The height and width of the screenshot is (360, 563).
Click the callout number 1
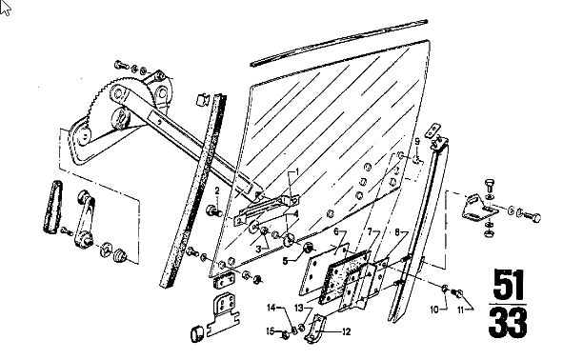point(296,172)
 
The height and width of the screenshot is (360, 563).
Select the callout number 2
point(217,190)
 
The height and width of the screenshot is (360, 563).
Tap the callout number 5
point(285,261)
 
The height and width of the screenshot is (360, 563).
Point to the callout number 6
point(336,231)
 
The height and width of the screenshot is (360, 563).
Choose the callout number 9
point(417,141)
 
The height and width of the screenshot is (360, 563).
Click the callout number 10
point(434,310)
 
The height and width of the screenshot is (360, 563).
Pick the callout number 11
point(461,310)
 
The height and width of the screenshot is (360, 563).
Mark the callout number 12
point(346,332)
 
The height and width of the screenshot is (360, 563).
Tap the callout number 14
point(271,308)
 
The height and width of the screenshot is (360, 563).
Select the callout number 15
point(271,330)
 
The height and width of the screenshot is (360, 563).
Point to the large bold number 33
point(508,323)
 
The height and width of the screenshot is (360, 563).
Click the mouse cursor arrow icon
point(5,8)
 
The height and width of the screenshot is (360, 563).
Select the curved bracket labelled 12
point(315,329)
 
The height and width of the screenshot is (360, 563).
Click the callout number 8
point(396,232)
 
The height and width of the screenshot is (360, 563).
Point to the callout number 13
point(299,308)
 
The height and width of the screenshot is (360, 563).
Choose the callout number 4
point(296,214)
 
